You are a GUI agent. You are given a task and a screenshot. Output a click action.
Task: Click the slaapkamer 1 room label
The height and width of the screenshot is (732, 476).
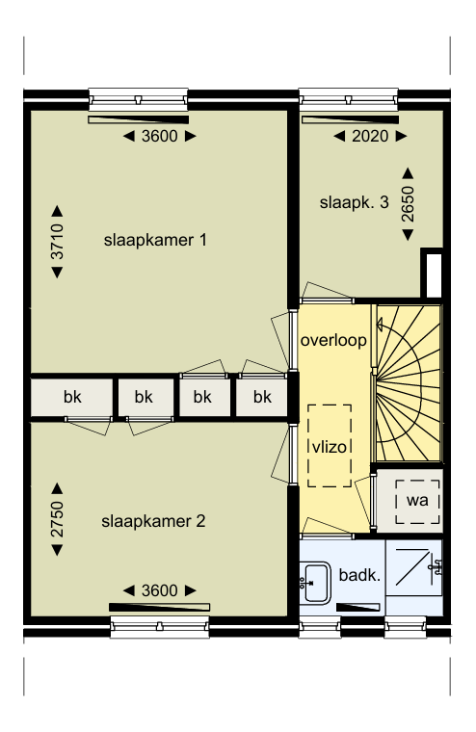155,240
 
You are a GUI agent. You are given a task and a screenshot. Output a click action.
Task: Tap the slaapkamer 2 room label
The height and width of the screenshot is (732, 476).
153,521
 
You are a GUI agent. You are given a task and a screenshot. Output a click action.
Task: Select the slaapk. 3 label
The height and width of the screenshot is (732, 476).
354,202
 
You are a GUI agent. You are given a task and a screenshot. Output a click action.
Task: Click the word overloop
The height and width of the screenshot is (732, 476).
333,340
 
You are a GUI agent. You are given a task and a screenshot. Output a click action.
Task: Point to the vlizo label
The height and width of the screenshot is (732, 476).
330,447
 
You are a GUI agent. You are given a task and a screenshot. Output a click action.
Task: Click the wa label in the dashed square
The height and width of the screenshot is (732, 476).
417,501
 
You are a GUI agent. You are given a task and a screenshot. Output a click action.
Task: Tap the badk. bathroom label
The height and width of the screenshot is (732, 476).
359,575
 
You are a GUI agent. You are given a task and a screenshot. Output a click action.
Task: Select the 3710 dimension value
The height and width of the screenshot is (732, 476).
57,242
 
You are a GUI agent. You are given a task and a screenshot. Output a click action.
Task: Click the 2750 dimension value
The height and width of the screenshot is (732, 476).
57,519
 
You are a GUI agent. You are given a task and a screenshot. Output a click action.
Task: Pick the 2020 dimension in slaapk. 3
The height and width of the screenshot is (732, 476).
370,136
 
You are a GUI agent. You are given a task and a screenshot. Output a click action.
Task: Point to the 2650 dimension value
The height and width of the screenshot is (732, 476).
408,203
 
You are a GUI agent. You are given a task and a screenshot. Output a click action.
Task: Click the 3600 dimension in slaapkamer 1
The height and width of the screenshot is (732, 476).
159,136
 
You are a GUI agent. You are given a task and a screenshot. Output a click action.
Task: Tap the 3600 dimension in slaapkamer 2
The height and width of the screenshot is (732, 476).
159,590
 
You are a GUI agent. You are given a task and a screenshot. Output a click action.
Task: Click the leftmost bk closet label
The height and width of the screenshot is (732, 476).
72,397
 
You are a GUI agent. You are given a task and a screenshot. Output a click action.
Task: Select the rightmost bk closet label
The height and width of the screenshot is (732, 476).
262,397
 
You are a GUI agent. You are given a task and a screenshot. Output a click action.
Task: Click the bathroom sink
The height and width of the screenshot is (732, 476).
315,583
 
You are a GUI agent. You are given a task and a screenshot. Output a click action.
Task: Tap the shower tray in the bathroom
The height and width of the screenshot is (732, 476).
414,567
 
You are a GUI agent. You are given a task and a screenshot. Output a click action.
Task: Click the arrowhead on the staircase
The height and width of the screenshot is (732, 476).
380,324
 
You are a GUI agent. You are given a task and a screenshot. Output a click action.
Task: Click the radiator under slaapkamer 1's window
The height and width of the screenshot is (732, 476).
138,120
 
